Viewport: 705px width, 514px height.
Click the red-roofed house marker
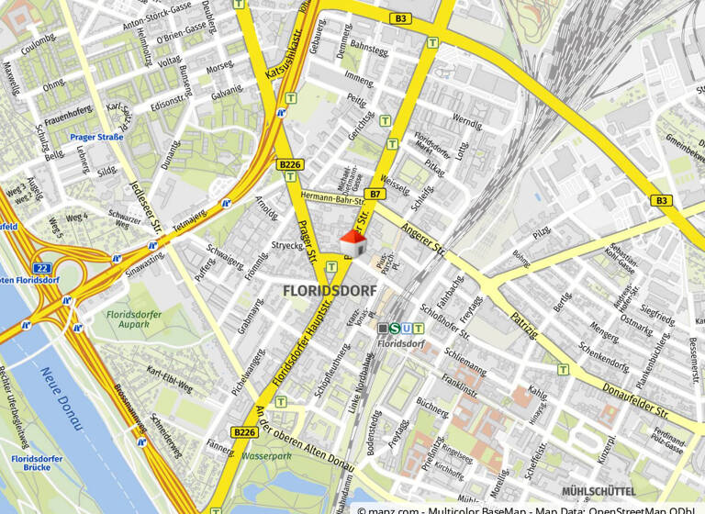(x=353, y=244)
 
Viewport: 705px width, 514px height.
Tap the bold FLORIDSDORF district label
(x=328, y=291)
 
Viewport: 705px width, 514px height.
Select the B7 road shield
(x=375, y=194)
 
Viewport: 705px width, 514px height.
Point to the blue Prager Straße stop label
(x=96, y=137)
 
